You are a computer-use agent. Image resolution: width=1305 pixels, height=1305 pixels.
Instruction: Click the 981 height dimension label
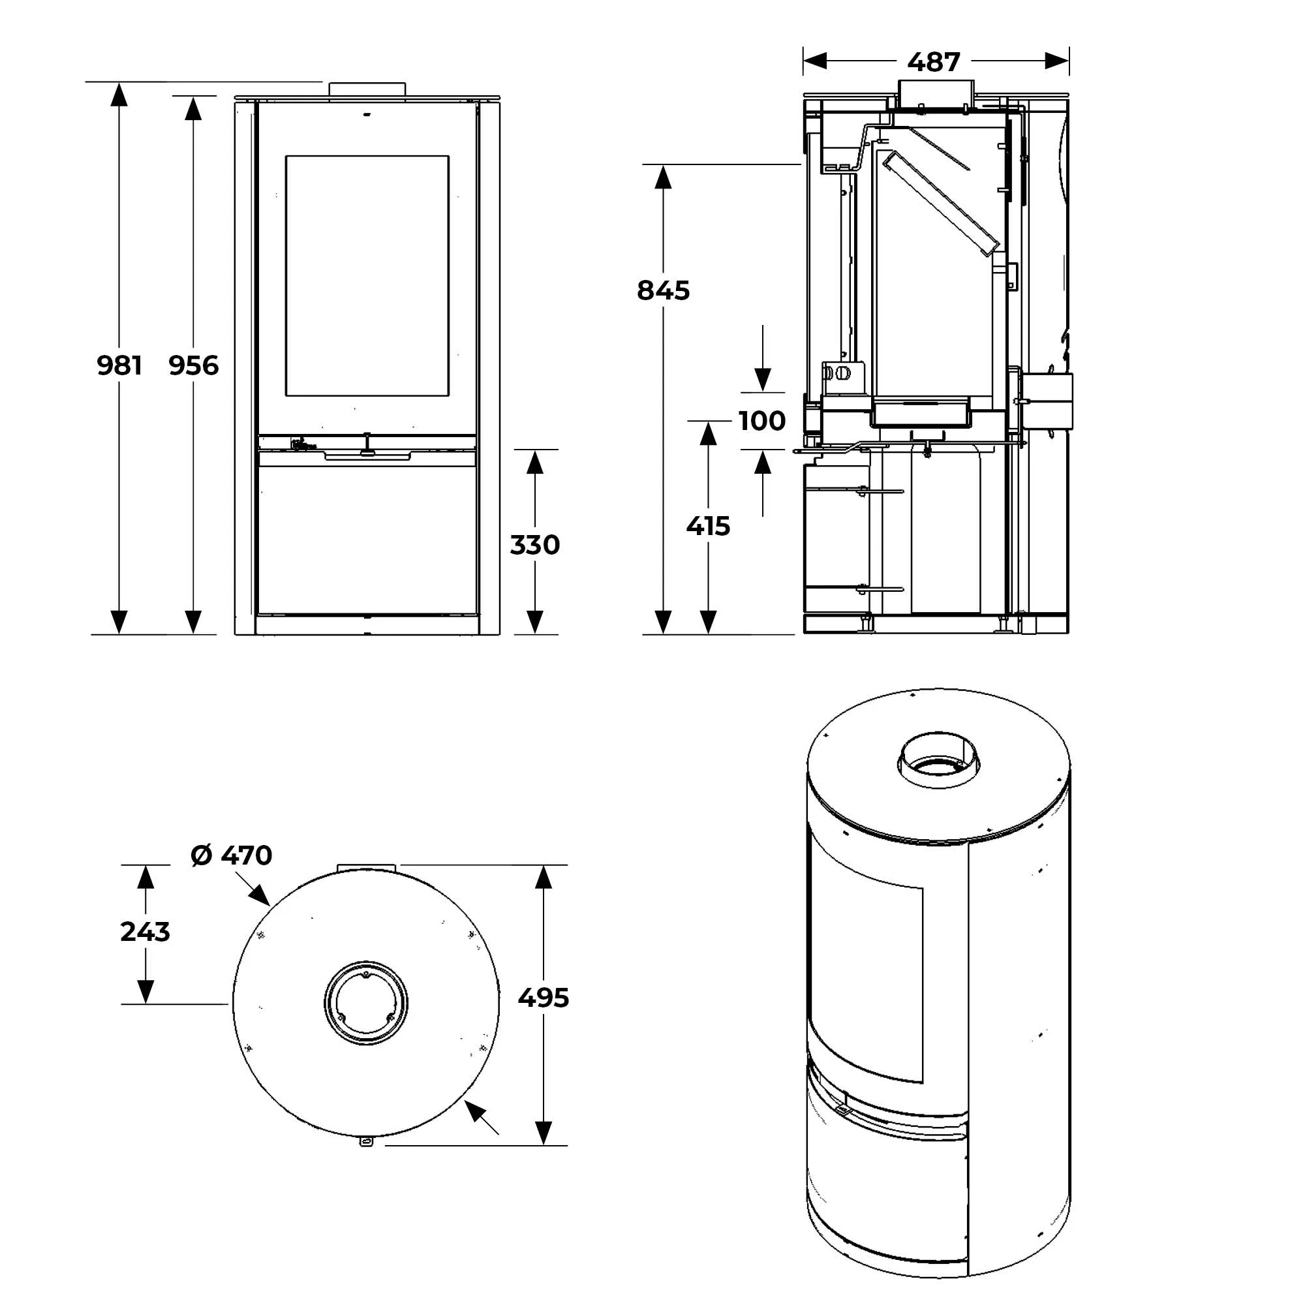pyautogui.click(x=119, y=365)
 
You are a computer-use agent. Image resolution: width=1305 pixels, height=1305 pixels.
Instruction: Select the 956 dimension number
pyautogui.click(x=194, y=365)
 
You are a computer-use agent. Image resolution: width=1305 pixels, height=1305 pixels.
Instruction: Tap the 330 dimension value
pyautogui.click(x=534, y=544)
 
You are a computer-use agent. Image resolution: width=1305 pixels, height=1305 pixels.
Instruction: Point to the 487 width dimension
pyautogui.click(x=934, y=62)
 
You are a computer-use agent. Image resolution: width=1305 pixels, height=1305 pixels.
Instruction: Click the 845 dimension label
pyautogui.click(x=664, y=290)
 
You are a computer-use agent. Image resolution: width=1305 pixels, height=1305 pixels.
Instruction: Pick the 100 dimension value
pyautogui.click(x=762, y=421)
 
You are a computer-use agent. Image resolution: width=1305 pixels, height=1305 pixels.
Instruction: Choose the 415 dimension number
pyautogui.click(x=708, y=525)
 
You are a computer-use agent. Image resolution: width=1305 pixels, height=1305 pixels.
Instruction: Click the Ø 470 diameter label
pyautogui.click(x=232, y=855)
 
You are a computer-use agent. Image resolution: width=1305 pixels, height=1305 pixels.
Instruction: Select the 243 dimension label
pyautogui.click(x=146, y=932)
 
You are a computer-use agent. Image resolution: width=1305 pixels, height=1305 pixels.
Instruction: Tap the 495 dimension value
pyautogui.click(x=544, y=998)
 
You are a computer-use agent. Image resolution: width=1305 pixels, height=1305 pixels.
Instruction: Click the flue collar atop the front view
pyautogui.click(x=367, y=89)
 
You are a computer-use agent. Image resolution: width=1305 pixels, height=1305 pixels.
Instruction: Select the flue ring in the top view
pyautogui.click(x=366, y=1002)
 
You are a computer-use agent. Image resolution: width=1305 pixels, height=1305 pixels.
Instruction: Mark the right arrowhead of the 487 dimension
pyautogui.click(x=1056, y=61)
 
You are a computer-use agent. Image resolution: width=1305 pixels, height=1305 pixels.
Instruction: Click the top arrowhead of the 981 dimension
pyautogui.click(x=119, y=95)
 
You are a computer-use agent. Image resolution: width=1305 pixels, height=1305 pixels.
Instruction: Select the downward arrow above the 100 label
pyautogui.click(x=763, y=379)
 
